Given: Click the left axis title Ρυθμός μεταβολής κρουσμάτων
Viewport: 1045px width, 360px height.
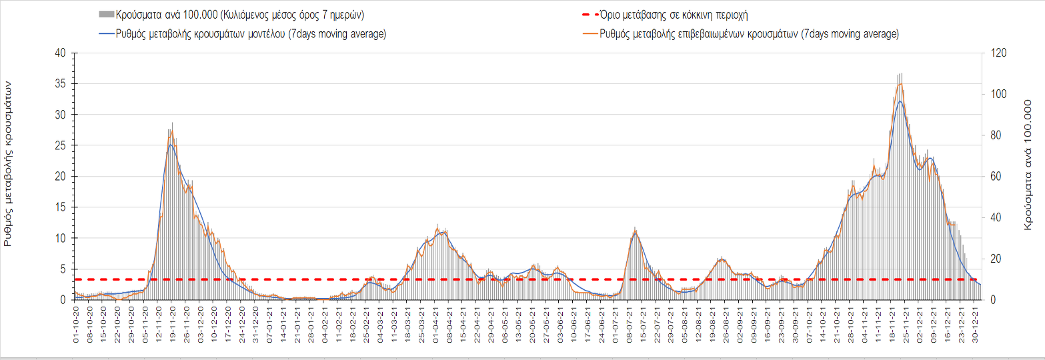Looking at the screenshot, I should (x=9, y=163).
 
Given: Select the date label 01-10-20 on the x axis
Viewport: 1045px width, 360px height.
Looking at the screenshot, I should (x=75, y=323).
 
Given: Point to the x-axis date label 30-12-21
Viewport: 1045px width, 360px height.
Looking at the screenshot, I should (x=976, y=323).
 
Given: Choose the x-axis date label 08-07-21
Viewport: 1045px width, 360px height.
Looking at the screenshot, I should (x=630, y=323).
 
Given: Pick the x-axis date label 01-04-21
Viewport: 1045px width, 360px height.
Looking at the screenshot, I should (x=436, y=323).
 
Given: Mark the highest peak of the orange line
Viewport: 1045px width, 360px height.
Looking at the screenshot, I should (x=901, y=83).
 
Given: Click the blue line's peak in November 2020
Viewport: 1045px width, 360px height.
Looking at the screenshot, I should (x=171, y=145).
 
